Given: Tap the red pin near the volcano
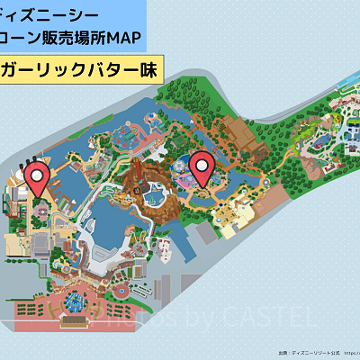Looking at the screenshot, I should click(203, 167).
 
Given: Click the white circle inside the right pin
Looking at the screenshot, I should click(203, 163).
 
